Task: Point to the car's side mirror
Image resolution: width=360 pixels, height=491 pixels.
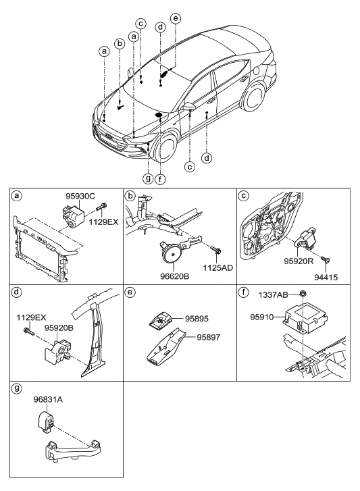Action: [x=190, y=107]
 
